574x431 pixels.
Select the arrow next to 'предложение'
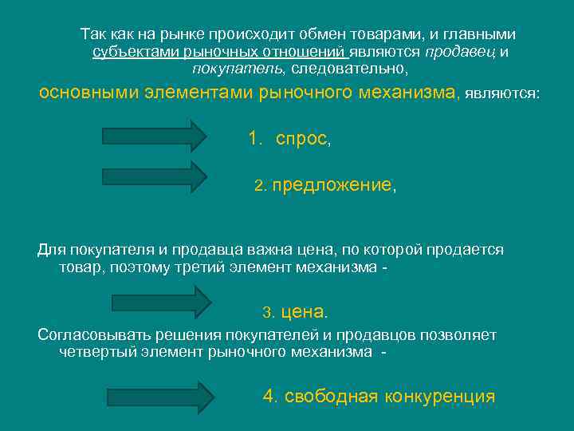pyautogui.click(x=154, y=176)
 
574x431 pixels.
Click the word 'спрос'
pyautogui.click(x=301, y=139)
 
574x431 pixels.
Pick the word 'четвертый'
pyautogui.click(x=96, y=351)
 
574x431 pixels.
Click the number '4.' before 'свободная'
pyautogui.click(x=271, y=397)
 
